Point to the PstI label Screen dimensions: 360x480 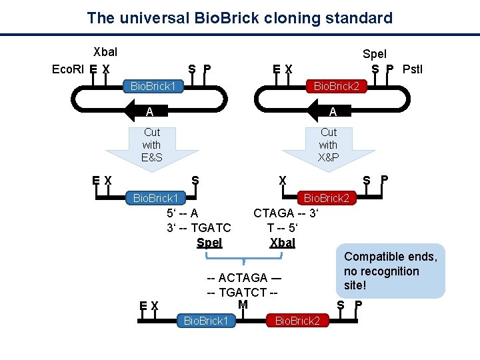412,69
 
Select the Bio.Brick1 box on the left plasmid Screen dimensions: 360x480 153,87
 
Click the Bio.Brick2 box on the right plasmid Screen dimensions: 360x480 336,87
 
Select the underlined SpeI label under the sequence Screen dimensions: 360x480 209,243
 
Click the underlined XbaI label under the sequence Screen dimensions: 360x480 282,243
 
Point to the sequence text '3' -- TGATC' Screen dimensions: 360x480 199,228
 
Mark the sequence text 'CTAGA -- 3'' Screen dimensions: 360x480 286,213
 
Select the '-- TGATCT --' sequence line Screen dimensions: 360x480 242,291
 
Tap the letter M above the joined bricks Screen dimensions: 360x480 242,305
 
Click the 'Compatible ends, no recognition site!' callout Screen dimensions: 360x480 391,271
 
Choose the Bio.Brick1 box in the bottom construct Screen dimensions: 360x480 206,321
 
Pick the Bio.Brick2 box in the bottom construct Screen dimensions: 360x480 297,321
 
